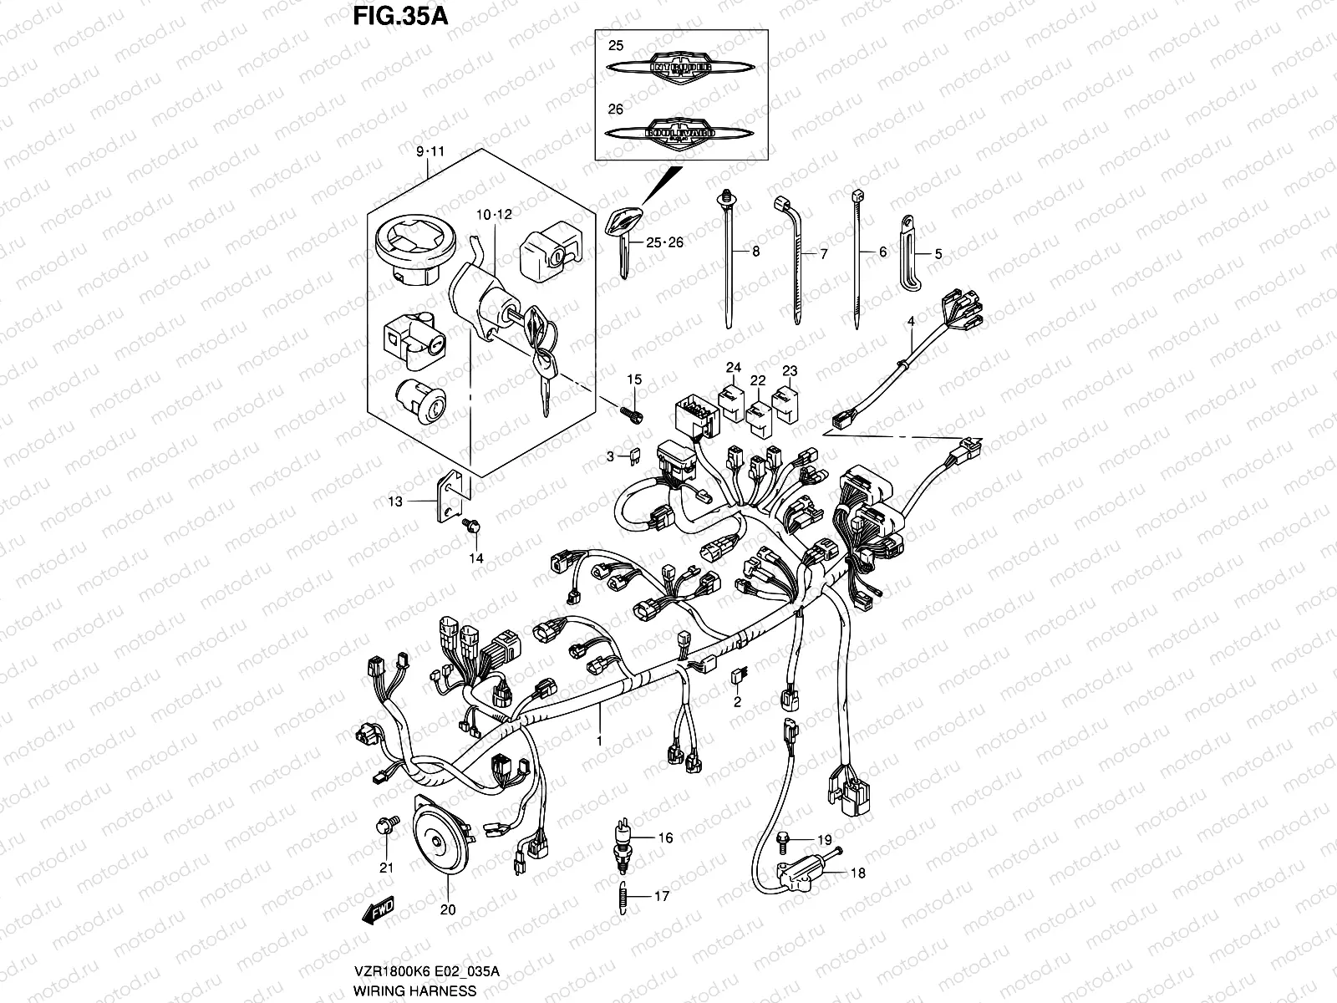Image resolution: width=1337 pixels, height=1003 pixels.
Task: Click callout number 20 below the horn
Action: click(448, 910)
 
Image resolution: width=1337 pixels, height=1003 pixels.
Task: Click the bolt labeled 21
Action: click(385, 827)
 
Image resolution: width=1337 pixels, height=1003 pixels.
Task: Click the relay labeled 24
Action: click(732, 398)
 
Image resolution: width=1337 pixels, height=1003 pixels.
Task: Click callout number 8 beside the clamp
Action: click(755, 251)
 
